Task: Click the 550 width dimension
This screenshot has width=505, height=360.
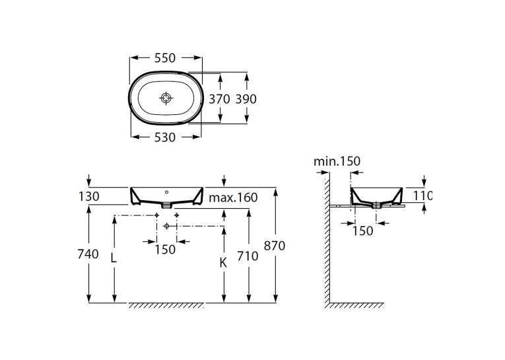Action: point(165,58)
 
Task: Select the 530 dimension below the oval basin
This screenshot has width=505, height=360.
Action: point(165,137)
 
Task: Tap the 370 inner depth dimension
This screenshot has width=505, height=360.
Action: point(219,99)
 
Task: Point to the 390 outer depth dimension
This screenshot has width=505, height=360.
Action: point(246,99)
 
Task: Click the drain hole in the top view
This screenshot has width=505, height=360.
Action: point(166,98)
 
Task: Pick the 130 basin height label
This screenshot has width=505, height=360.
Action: point(89,196)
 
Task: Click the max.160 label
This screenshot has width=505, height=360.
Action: point(233,198)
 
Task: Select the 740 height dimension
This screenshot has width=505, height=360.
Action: point(88,254)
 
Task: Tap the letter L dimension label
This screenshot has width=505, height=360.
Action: point(114,258)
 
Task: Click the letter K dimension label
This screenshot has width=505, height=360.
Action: point(223,263)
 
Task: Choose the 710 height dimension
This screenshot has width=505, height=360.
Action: point(248,256)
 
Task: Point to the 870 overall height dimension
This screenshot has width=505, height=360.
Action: point(275,246)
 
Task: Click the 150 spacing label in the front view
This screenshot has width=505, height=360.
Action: point(165,250)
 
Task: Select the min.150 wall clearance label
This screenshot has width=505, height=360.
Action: point(337,161)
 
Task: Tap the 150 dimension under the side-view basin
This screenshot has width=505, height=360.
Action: point(362,231)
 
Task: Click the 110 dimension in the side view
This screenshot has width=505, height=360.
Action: point(422,196)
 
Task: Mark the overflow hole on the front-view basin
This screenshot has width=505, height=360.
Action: point(166,192)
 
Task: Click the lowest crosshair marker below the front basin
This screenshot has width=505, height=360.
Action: point(166,227)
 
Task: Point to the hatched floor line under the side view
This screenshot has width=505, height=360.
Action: point(354,305)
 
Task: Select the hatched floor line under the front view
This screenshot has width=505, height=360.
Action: point(166,305)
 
